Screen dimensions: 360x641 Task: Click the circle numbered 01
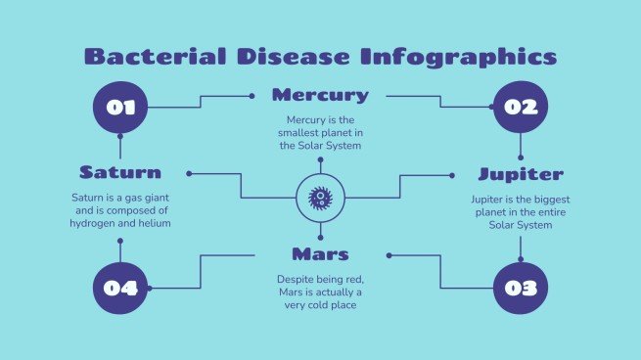click(x=120, y=107)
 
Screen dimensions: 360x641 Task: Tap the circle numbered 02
click(x=521, y=107)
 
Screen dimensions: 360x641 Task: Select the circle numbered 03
click(x=521, y=288)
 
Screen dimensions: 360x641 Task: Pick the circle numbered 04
click(x=120, y=288)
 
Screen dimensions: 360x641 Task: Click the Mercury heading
click(x=320, y=95)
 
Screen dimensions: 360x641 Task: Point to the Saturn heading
click(x=120, y=172)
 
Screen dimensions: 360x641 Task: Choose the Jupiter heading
click(x=521, y=174)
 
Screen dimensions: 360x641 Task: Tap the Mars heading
click(x=320, y=254)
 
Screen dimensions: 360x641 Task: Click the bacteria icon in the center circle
click(x=320, y=198)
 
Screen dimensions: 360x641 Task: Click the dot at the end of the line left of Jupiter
click(x=452, y=175)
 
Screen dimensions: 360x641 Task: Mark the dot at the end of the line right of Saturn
click(x=189, y=174)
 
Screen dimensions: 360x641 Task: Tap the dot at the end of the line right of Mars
click(x=389, y=255)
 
